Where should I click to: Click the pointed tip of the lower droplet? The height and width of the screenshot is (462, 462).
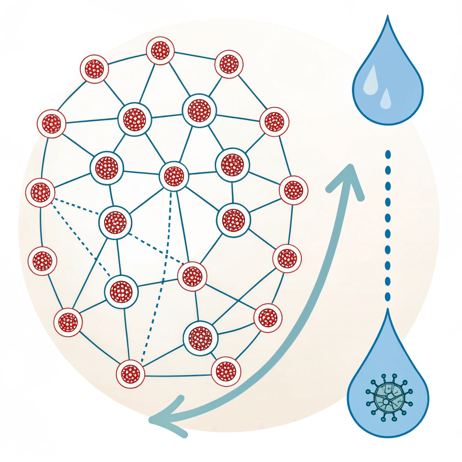point(387,311)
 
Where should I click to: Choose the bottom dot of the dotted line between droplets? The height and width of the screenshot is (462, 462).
point(388,296)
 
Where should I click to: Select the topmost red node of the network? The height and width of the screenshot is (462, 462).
point(160,51)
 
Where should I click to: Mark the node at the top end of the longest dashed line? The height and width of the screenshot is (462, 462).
point(174,176)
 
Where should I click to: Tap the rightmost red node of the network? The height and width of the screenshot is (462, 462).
point(293,190)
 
